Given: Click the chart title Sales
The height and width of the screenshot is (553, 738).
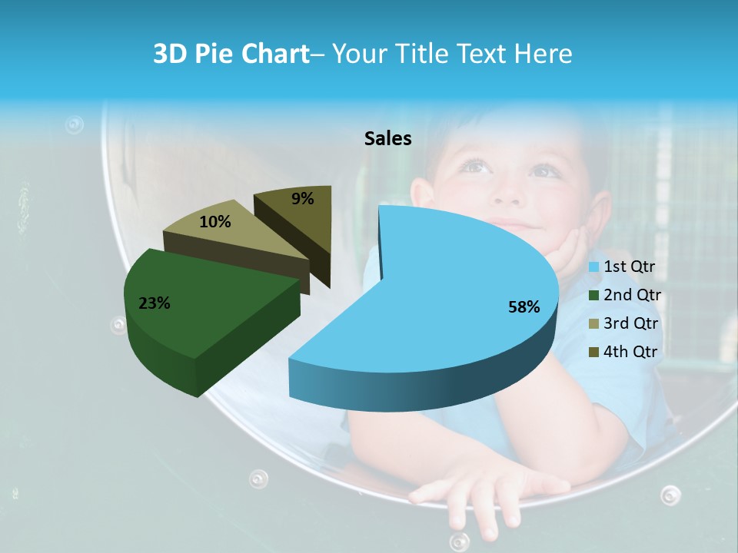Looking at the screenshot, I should pyautogui.click(x=387, y=138).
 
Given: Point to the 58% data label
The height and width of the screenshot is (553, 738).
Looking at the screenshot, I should pyautogui.click(x=524, y=307).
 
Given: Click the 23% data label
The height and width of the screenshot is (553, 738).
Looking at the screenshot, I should pyautogui.click(x=154, y=303).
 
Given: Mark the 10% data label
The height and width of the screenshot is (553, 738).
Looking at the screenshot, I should pyautogui.click(x=214, y=222).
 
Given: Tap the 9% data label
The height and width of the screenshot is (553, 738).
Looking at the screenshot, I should pyautogui.click(x=303, y=199).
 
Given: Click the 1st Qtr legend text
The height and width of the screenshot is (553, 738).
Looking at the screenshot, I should pyautogui.click(x=630, y=267).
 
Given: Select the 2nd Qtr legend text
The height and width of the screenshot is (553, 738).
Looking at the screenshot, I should pyautogui.click(x=632, y=295).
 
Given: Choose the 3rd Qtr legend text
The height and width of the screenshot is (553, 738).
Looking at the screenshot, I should pyautogui.click(x=631, y=323).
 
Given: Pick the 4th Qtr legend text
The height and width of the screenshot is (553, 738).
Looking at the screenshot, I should pyautogui.click(x=631, y=352).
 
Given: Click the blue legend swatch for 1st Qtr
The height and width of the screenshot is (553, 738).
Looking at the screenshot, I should pyautogui.click(x=593, y=267).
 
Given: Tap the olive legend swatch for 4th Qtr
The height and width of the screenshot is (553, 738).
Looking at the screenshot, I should pyautogui.click(x=593, y=352).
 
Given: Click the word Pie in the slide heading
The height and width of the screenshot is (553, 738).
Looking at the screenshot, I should pyautogui.click(x=213, y=54).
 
